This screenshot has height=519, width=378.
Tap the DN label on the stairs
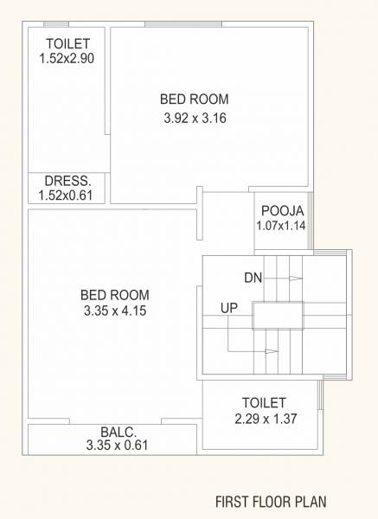pyautogui.click(x=253, y=278)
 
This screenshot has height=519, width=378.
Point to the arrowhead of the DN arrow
pyautogui.click(x=297, y=279)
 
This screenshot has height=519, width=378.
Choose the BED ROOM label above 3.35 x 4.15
pyautogui.click(x=104, y=293)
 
